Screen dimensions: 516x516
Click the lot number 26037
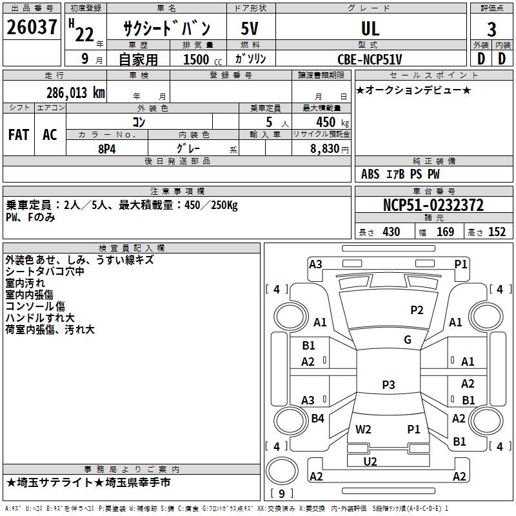tap(32, 28)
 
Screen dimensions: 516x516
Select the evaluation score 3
tap(491, 29)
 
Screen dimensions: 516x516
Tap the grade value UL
tap(370, 28)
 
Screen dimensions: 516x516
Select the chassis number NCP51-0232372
tap(433, 206)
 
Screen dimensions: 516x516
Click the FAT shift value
tap(19, 135)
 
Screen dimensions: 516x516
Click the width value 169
tap(445, 232)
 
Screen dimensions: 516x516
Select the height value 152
tap(497, 232)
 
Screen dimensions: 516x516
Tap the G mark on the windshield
tap(408, 340)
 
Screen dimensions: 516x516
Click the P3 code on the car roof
tap(388, 385)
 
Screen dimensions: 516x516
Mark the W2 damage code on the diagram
tap(364, 429)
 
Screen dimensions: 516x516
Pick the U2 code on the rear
tap(370, 461)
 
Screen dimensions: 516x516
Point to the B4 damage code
tap(317, 419)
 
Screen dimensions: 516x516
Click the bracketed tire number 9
tap(282, 493)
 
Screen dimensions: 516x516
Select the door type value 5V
tap(250, 28)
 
